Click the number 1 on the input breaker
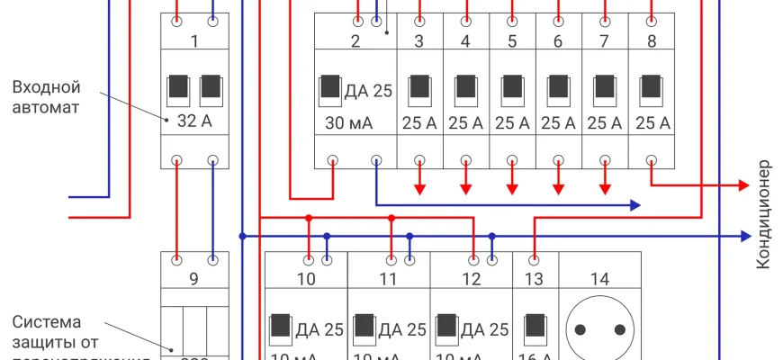coord(195,41)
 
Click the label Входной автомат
coord(47,97)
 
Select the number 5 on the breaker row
coord(512,41)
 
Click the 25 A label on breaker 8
coord(652,122)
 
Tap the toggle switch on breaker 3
coord(419,87)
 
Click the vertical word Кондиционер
coord(764,214)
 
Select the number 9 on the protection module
coord(194,279)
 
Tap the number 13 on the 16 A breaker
coord(535,279)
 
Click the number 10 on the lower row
coord(306,279)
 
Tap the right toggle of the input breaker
coord(211,87)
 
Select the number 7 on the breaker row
coord(605,41)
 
